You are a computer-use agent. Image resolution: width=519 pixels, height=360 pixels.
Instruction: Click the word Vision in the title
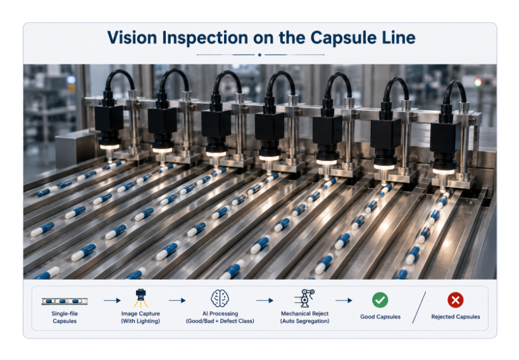coord(132,37)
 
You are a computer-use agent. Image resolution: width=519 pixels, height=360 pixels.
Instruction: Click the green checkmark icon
coord(380,300)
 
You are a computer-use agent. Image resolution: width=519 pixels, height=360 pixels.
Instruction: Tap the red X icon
coord(456,300)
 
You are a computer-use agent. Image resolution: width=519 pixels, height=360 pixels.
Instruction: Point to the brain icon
coord(220,298)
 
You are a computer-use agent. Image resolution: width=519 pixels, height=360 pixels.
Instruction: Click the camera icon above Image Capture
coord(141,298)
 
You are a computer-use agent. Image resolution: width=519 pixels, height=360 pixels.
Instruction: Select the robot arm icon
coord(305,298)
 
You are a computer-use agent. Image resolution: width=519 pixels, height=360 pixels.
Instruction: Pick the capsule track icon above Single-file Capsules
coord(65,301)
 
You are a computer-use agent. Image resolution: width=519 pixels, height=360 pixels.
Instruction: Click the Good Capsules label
coord(380,316)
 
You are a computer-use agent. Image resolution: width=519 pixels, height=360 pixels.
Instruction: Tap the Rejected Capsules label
coord(456,316)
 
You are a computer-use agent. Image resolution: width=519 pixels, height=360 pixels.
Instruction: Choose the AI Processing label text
coord(220,313)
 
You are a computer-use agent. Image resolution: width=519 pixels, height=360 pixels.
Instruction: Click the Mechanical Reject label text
coord(305,313)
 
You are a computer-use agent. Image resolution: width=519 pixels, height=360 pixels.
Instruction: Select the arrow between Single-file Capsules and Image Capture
coord(112,301)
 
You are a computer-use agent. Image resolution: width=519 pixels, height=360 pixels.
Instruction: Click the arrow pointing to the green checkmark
coord(344,301)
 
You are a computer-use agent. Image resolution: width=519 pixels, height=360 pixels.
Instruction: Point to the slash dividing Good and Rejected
coord(419,307)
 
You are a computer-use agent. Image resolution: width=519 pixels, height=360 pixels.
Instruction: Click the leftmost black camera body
coord(109,118)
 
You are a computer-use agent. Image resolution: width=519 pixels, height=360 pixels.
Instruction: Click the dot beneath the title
coord(260,55)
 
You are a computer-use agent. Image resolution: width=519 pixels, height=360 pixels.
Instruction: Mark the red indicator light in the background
coord(478,82)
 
